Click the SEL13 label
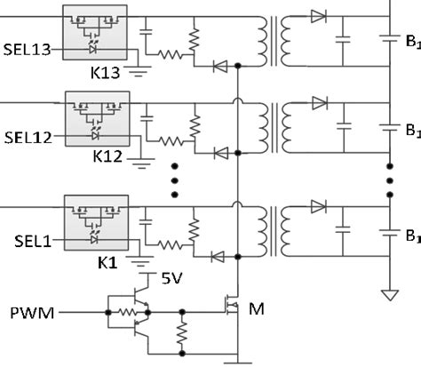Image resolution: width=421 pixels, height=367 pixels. coord(28,52)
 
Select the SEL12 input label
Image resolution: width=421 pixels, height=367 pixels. coord(28,138)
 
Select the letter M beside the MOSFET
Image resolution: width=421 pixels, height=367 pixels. coord(257,308)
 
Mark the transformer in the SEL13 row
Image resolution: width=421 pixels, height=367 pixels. coord(275,37)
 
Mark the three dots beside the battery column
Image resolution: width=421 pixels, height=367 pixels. coord(389,180)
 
